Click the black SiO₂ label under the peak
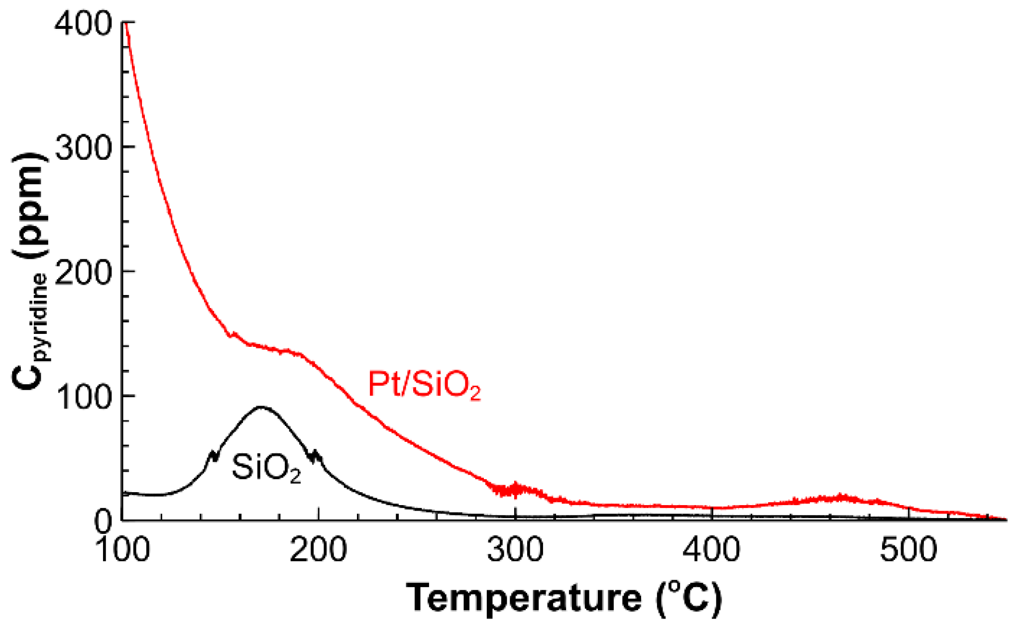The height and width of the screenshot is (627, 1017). pos(266,468)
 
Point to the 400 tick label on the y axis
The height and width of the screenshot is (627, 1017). pos(83,23)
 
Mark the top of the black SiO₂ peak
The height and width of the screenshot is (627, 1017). pos(261,407)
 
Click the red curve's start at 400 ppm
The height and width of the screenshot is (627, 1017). pos(126,23)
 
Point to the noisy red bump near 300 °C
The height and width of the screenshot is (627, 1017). pos(516,489)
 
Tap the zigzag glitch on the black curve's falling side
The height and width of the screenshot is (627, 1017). pos(315,455)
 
